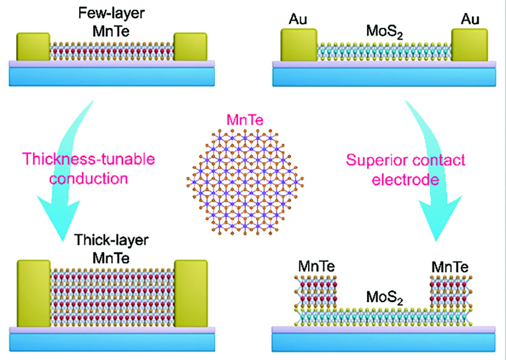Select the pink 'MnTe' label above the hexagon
coord(245,121)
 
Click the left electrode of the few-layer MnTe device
coord(32,47)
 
